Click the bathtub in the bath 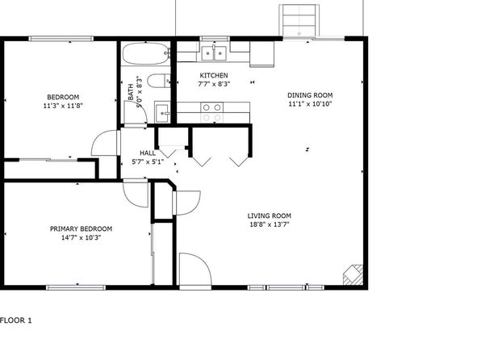(146, 53)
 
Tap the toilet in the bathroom (159, 81)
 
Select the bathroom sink (162, 112)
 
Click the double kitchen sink (214, 53)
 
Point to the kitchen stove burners (212, 112)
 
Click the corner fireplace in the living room (353, 274)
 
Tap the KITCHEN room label (214, 76)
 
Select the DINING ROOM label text (310, 95)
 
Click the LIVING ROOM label (270, 216)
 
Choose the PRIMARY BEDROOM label (81, 228)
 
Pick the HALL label (148, 153)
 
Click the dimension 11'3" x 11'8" (63, 106)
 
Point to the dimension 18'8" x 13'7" (270, 224)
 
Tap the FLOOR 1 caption (15, 320)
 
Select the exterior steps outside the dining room (299, 20)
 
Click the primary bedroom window (76, 287)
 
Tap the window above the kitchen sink (215, 39)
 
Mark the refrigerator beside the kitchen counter (262, 54)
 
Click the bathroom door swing (136, 112)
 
